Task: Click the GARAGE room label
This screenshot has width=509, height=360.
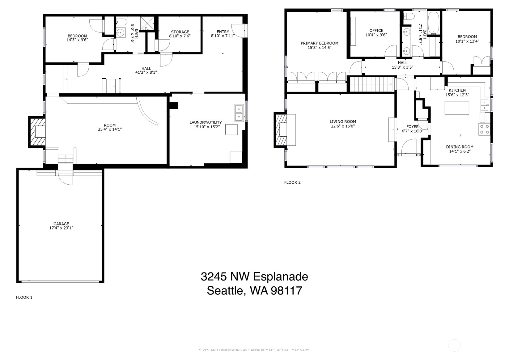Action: pos(61,224)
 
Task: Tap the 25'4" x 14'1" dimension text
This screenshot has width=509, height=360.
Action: pos(110,130)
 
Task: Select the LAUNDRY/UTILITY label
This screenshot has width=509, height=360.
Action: pos(206,122)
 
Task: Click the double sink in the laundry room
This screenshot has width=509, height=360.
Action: pos(239,113)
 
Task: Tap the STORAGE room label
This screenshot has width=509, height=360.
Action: pos(180,32)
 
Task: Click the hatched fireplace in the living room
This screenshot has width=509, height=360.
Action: pos(281,130)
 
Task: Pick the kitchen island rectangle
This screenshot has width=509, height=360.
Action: pos(456,108)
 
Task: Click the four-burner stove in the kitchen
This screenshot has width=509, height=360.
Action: pos(484,129)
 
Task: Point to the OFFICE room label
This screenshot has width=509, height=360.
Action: pos(376,31)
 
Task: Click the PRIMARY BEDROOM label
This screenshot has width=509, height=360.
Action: pos(319,43)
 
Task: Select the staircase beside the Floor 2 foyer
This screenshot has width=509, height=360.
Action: pos(372,84)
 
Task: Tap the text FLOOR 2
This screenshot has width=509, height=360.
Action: pos(292,182)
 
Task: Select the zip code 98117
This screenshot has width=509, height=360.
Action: pos(286,291)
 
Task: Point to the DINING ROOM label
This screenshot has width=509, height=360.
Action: pos(459,147)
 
